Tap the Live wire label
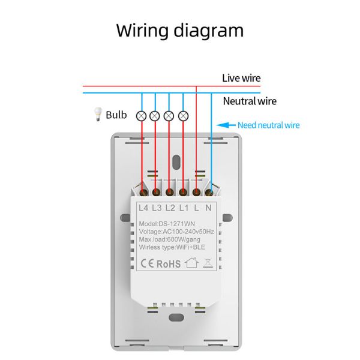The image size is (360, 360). [241, 78]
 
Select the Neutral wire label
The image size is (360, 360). [250, 101]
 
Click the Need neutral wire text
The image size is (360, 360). [268, 125]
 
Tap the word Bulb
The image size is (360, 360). [116, 114]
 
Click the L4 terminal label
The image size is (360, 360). [143, 208]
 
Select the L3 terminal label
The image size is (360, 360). [157, 208]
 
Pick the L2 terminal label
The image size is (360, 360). [170, 208]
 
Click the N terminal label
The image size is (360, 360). [208, 208]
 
